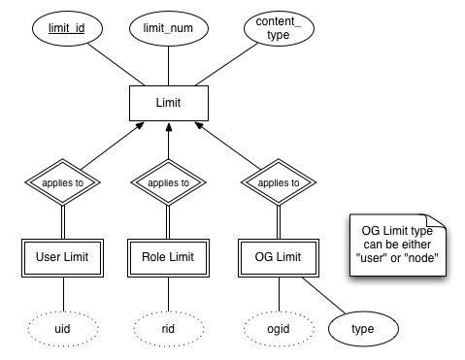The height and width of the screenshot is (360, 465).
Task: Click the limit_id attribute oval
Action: (67, 29)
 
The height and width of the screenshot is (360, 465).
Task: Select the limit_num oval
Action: (170, 29)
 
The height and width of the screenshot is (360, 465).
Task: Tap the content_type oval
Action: (271, 29)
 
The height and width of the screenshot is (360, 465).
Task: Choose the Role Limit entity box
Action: (170, 257)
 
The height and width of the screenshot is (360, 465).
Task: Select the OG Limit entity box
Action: (273, 257)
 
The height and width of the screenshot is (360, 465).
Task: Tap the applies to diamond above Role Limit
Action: (170, 181)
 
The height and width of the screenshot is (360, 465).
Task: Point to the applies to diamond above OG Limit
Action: (273, 181)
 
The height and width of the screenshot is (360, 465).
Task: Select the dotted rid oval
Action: (170, 328)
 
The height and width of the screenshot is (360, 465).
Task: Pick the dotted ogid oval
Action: (273, 328)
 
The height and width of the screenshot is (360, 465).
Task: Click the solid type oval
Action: (362, 329)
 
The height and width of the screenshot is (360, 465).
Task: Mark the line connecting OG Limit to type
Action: (318, 296)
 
